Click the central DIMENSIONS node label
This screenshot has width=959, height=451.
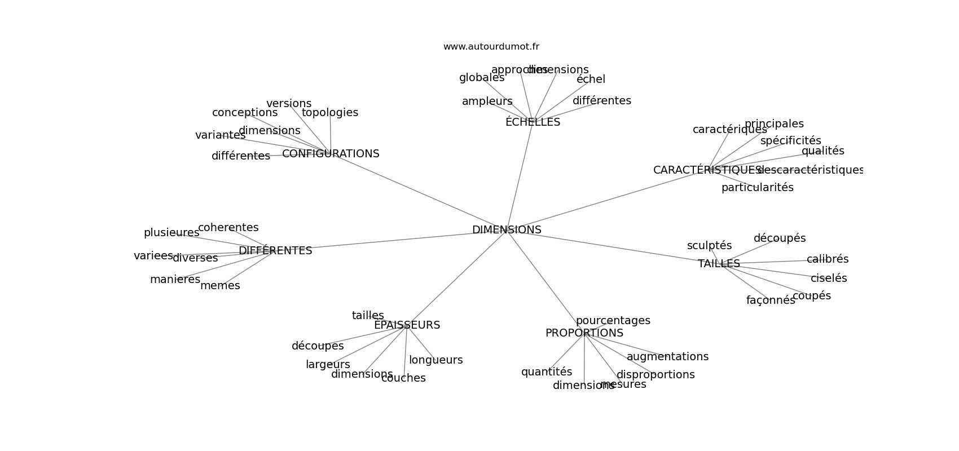tap(507, 230)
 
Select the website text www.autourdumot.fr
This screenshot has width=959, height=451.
tap(491, 47)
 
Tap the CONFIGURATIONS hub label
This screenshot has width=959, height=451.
tap(331, 154)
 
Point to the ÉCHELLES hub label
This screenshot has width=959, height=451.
tap(533, 122)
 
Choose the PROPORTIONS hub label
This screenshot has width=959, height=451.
tap(584, 333)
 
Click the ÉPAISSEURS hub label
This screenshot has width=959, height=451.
tap(407, 325)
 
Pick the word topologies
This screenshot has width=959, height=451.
tap(330, 113)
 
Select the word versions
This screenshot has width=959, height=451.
tap(289, 104)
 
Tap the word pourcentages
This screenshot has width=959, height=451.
tap(613, 321)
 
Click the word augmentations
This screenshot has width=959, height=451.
tap(667, 357)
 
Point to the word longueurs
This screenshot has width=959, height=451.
tap(435, 360)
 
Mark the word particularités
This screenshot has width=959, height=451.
tap(757, 188)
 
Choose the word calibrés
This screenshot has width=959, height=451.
tap(827, 259)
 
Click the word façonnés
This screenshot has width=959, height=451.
tap(771, 300)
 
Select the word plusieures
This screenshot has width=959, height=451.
tap(171, 233)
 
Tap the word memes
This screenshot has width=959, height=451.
tap(220, 286)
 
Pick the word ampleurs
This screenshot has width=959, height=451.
tap(487, 101)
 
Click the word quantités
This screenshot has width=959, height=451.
tap(546, 372)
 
